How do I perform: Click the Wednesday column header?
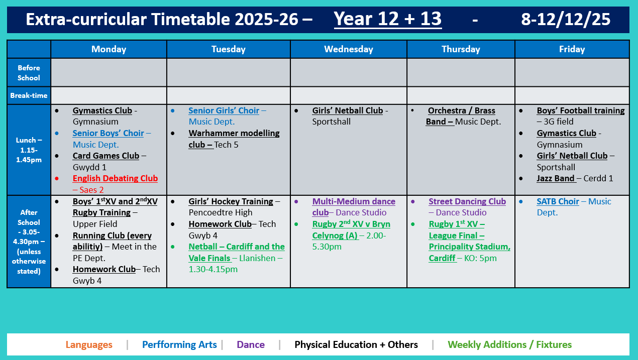[x=348, y=49]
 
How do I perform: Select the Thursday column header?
[x=461, y=49]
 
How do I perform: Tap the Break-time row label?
[x=29, y=95]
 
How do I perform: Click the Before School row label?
[x=29, y=73]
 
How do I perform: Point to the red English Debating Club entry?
[x=115, y=178]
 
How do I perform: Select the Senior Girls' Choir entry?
[x=224, y=111]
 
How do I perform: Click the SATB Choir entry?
[x=558, y=201]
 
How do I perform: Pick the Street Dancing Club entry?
[x=467, y=201]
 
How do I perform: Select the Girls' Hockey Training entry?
[x=231, y=201]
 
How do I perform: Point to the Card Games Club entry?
[x=105, y=156]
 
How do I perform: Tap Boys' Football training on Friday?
[x=580, y=111]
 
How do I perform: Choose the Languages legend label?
[x=89, y=345]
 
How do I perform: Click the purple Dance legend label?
[x=250, y=345]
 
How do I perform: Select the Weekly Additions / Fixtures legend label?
[x=509, y=345]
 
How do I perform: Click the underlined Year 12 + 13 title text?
[x=387, y=19]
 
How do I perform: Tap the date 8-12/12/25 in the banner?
[x=566, y=19]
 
